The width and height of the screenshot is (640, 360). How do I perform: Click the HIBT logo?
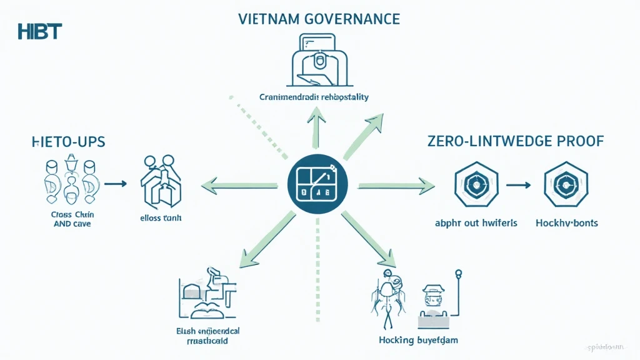40,31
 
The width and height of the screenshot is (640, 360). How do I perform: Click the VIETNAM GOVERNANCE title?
319,19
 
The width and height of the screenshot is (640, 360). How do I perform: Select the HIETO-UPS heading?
67,142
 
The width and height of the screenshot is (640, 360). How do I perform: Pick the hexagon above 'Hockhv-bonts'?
566,185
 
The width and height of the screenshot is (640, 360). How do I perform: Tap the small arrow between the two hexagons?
518,185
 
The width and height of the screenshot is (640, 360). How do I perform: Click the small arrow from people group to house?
116,184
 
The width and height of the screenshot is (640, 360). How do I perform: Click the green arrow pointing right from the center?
396,184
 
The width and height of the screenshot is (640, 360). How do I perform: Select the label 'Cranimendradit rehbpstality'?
314,97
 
